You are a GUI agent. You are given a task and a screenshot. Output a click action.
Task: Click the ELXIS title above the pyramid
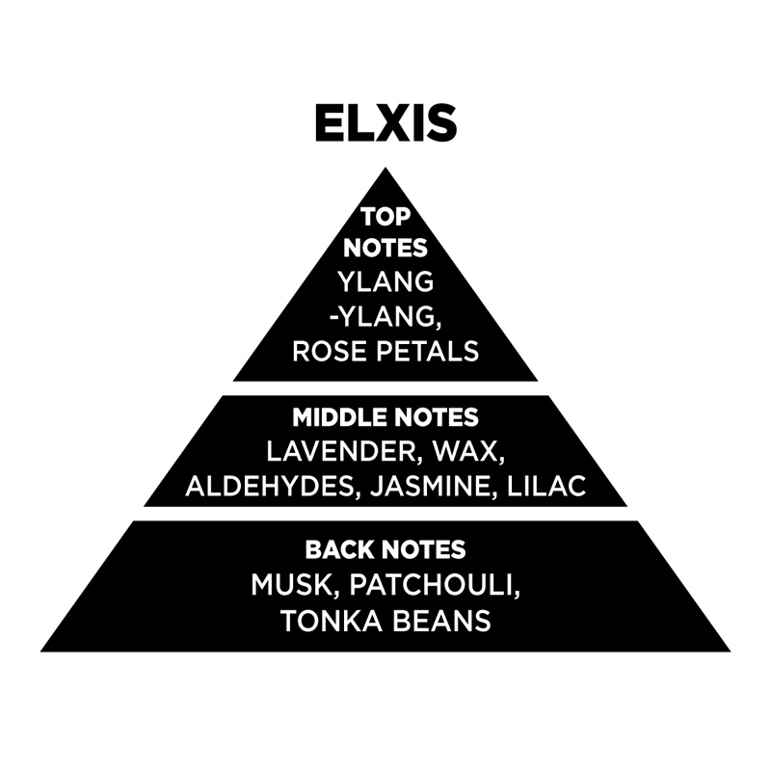point(386,123)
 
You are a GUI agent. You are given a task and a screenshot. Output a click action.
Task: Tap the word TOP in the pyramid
point(385,217)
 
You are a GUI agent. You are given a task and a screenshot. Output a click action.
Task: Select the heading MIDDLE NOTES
point(385,417)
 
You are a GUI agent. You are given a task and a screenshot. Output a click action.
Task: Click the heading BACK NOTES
point(385,549)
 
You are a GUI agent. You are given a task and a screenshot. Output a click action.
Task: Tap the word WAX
point(467,451)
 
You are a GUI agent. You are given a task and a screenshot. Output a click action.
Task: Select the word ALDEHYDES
point(270,486)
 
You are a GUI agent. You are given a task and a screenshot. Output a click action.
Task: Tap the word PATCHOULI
point(435,585)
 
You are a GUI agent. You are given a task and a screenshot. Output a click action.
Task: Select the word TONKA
point(332,621)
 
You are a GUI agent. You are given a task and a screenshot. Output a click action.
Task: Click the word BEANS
point(441,621)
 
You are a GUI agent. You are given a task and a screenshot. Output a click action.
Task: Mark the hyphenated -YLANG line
point(385,316)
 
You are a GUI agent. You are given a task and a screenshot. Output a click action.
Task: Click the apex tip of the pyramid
point(385,168)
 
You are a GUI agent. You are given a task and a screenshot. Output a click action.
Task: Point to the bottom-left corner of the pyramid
point(40,651)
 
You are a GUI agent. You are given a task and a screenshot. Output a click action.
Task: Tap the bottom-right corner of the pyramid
point(731,651)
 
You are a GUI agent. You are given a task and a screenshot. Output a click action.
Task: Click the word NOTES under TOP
point(385,249)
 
